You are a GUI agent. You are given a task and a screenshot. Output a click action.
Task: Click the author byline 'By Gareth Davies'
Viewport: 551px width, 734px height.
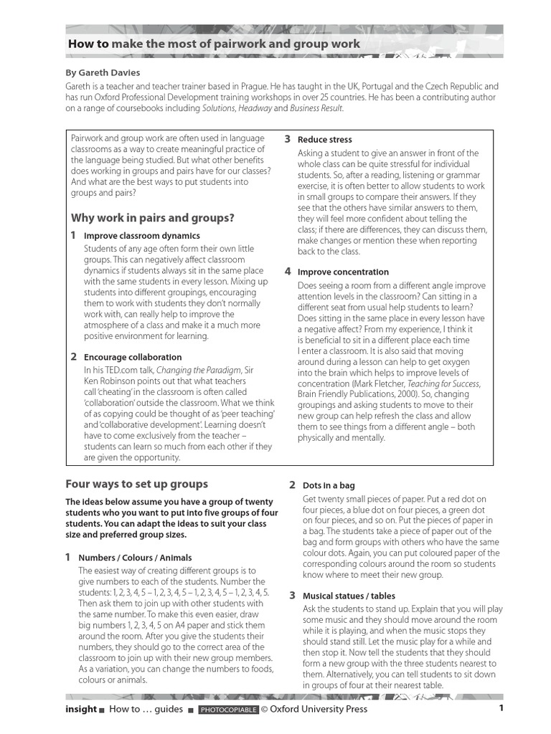tap(103, 72)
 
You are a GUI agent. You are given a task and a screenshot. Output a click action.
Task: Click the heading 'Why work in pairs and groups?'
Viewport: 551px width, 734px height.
tap(152, 218)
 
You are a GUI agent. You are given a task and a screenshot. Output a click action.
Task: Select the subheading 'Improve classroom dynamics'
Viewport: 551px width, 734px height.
tap(142, 236)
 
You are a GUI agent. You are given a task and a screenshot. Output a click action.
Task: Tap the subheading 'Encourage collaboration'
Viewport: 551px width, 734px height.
tap(133, 357)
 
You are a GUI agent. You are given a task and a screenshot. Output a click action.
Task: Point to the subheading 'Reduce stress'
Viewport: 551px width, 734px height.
tap(325, 140)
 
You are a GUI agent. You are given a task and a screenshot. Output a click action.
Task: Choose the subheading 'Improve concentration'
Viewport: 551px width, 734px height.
tap(343, 272)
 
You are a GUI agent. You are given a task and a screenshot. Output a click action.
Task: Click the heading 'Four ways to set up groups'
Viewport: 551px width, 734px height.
tap(136, 484)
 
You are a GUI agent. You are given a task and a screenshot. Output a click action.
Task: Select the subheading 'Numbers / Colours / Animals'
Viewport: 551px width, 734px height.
tap(135, 558)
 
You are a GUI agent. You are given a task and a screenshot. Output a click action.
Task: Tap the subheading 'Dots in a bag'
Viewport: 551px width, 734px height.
tap(329, 486)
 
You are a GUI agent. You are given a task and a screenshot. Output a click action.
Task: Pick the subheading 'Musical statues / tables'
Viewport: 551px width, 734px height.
tap(349, 596)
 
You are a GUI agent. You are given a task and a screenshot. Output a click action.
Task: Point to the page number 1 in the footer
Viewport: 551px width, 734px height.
tap(501, 709)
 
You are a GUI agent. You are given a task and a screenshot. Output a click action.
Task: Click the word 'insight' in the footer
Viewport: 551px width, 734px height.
tap(81, 709)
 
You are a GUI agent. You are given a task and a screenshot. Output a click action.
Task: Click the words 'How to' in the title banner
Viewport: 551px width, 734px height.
tap(88, 44)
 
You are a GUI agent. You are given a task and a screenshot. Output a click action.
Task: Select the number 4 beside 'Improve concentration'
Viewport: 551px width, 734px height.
tap(287, 272)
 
